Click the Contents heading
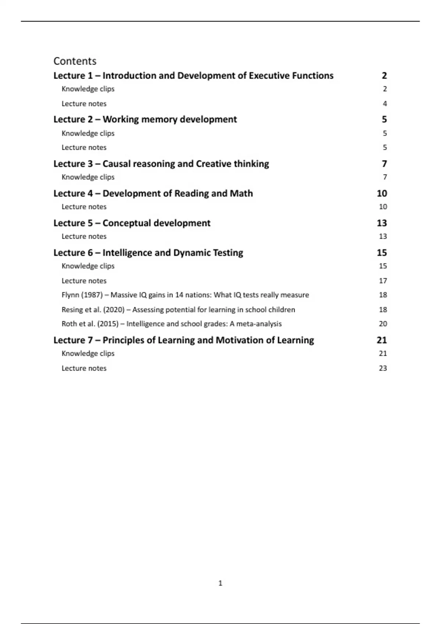tap(75, 61)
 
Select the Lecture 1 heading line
tap(193, 76)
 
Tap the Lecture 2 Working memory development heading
tap(145, 119)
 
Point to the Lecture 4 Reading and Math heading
tap(153, 193)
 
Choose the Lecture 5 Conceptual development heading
tap(132, 223)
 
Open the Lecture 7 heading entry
tap(184, 340)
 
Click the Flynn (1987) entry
tap(185, 295)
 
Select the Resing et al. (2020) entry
tap(178, 310)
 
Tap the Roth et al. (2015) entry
tap(172, 324)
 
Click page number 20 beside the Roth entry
tap(383, 324)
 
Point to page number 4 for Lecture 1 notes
tap(385, 104)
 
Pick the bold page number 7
tap(384, 164)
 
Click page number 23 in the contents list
tap(383, 368)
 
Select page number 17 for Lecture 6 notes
tap(383, 281)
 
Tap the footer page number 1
tap(220, 583)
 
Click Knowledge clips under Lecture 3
tap(88, 177)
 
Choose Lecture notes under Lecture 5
tap(84, 236)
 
